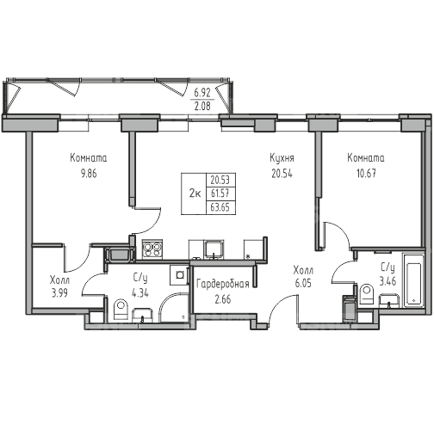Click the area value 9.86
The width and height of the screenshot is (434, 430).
89,174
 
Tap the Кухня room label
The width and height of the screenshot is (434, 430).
282,158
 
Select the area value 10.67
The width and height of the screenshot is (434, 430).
366,174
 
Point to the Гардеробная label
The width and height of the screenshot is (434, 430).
223,285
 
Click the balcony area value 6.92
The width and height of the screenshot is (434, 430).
202,93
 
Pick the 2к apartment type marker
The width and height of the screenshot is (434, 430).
195,193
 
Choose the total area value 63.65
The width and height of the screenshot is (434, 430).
220,207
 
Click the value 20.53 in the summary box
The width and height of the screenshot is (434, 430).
220,181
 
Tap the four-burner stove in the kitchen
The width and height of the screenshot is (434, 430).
152,249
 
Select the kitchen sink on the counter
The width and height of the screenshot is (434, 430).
214,249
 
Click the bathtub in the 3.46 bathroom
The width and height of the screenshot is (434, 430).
413,280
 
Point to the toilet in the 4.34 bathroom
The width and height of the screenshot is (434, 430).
121,310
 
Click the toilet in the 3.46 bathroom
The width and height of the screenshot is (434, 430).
367,294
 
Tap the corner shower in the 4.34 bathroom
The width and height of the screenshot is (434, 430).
173,307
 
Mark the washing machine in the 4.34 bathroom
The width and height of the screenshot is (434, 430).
179,275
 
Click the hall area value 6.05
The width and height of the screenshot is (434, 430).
303,283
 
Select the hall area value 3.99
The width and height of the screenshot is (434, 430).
59,293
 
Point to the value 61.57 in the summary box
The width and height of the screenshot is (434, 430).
220,193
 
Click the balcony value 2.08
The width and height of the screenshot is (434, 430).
202,106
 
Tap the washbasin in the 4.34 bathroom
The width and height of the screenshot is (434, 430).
142,316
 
